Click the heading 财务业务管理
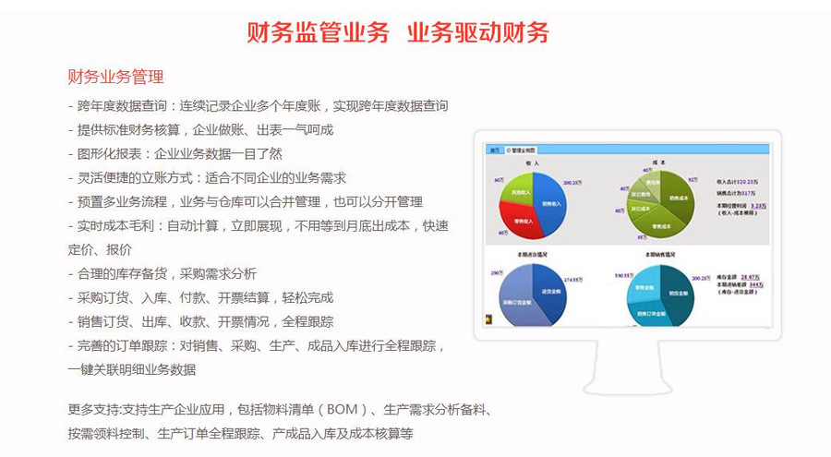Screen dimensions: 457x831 [x=115, y=76]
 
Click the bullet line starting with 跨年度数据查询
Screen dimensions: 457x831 [x=259, y=105]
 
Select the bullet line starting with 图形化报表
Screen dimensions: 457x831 [x=175, y=153]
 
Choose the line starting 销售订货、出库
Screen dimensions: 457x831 [x=200, y=321]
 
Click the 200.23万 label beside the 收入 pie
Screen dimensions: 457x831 [x=572, y=182]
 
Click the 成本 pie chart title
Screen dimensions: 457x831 [x=658, y=162]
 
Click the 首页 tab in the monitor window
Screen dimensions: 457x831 [x=495, y=150]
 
